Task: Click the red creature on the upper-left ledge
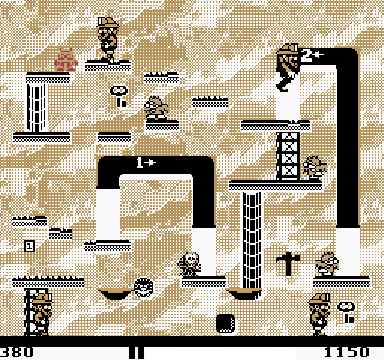66,60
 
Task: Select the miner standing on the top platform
108,39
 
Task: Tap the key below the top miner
118,96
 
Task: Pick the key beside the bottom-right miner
346,312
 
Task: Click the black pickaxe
288,264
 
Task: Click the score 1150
347,352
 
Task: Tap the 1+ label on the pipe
146,163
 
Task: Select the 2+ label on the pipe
313,55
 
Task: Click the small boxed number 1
29,246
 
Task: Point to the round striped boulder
143,287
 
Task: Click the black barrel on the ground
226,323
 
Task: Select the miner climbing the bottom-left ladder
40,313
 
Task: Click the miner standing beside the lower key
319,314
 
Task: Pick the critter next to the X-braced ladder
315,168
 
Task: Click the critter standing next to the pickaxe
326,264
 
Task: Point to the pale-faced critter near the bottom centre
190,264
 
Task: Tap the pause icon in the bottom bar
136,352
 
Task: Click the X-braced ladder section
288,156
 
